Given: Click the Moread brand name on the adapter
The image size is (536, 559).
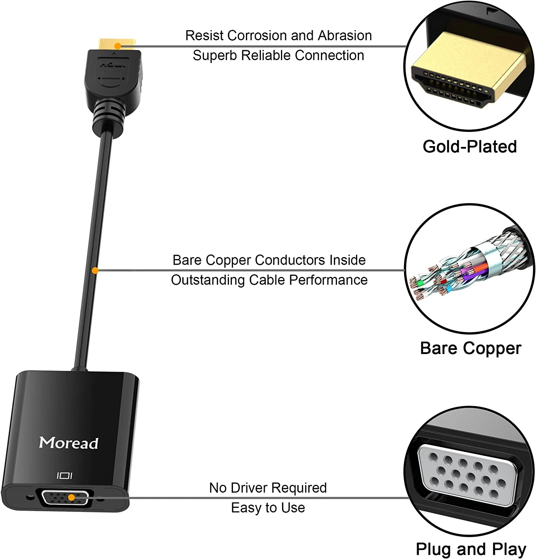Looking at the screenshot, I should point(69,443).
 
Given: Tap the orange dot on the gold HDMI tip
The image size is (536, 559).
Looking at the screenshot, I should point(117,46).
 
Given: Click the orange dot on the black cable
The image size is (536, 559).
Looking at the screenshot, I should point(95,271).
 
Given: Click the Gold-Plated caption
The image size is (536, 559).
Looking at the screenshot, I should point(470,146).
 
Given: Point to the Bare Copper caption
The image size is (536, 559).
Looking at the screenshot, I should point(470,348).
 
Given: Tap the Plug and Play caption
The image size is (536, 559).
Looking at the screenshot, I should point(471,549).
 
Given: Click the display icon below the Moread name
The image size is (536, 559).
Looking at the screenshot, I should point(64,476).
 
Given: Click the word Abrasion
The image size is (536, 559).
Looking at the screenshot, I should point(345,35).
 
